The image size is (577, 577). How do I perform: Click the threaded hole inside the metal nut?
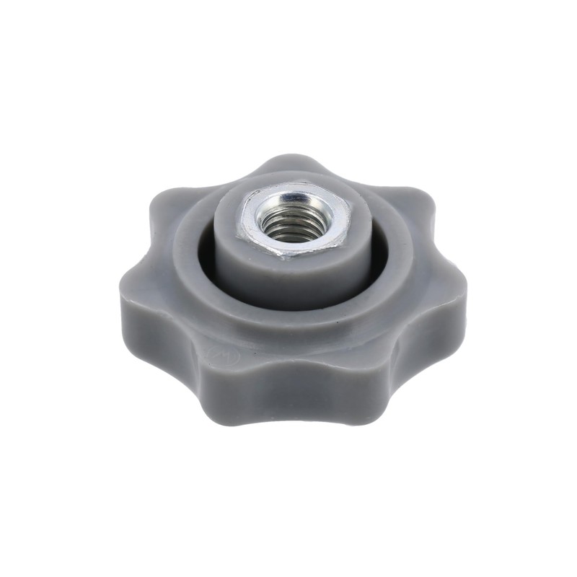click(x=294, y=221)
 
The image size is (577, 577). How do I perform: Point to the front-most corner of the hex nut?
click(x=286, y=257)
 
